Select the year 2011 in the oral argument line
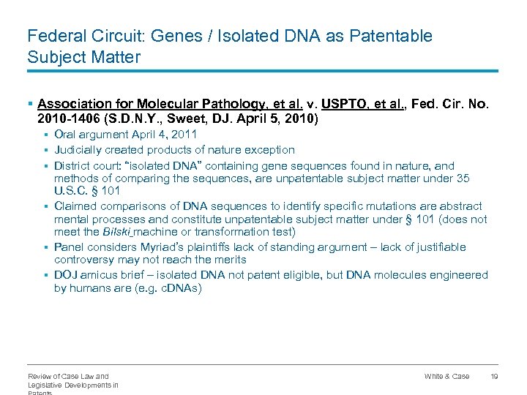point(184,135)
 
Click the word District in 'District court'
point(73,165)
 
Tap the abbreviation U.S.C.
point(72,190)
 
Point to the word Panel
point(70,247)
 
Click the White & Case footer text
point(446,376)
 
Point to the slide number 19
point(494,376)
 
